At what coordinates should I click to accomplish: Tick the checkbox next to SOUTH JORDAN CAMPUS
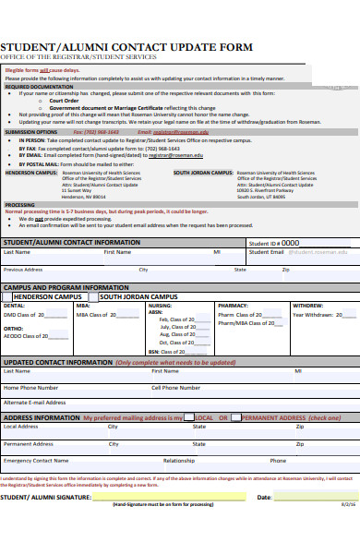[x=95, y=297]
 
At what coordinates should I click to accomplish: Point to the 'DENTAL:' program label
[x=15, y=306]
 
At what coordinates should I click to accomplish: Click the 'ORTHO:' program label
[x=14, y=328]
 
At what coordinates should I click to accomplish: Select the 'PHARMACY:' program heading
[x=233, y=306]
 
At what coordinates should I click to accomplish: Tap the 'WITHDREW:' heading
[x=307, y=306]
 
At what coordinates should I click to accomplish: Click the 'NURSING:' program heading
[x=160, y=306]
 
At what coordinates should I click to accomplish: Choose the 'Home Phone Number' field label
[x=30, y=388]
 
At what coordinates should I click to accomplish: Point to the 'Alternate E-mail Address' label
[x=35, y=403]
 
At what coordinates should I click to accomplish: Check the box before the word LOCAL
[x=189, y=417]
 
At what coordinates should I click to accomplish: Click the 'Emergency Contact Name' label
[x=36, y=460]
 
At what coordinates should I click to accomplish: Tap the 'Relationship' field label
[x=179, y=460]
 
